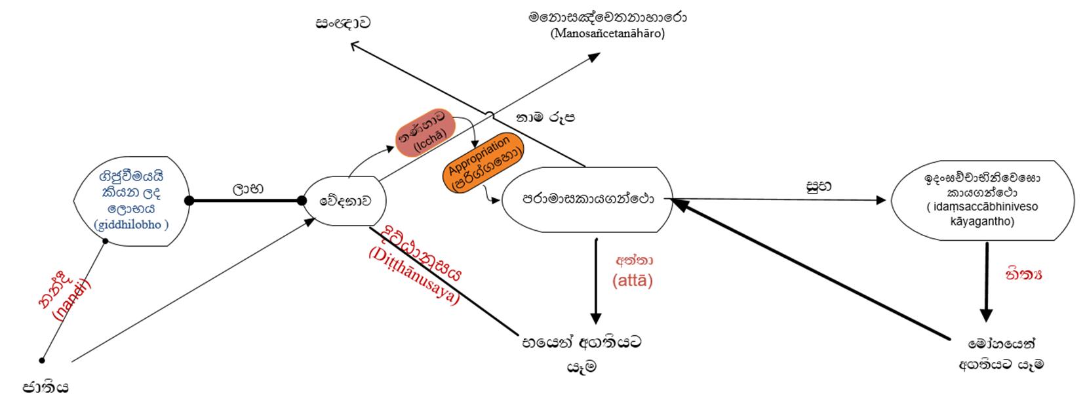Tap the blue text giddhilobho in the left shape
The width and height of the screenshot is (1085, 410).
(131, 225)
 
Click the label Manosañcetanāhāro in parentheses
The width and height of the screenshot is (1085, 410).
(608, 33)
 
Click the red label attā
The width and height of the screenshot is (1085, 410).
(633, 281)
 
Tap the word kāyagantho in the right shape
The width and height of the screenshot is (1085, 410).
(982, 222)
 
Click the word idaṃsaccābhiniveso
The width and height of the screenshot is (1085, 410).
(982, 207)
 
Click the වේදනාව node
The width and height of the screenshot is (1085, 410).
(344, 201)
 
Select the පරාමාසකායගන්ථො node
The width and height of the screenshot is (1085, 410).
(587, 199)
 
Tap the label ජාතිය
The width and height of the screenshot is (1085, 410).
(46, 387)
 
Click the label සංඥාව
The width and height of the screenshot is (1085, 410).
(343, 23)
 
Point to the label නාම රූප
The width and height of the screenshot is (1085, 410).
(546, 118)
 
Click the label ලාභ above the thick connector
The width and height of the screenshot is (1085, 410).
(248, 188)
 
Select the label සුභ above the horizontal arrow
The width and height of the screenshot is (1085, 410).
(819, 186)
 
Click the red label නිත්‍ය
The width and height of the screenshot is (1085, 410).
(1023, 274)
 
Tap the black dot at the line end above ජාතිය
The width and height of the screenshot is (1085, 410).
(42, 360)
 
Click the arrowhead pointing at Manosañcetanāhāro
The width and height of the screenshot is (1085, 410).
(594, 56)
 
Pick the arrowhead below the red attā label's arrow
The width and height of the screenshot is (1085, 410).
(596, 318)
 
